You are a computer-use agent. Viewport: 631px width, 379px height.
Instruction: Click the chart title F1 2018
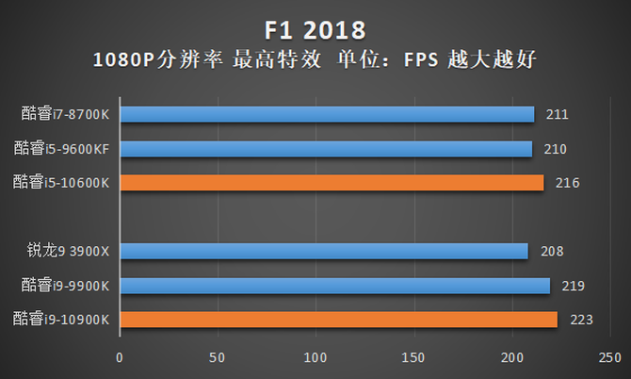point(315,26)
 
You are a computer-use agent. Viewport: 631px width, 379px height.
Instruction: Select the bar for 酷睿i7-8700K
point(327,114)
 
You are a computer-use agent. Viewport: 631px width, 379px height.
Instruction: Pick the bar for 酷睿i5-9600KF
point(326,148)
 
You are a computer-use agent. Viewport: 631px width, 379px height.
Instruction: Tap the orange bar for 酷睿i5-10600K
point(332,182)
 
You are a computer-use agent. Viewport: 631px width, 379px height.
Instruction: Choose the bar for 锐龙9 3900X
point(324,251)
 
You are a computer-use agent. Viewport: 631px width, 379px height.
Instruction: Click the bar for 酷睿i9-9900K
point(334,285)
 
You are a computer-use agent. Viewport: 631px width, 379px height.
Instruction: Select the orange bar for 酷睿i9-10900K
point(338,320)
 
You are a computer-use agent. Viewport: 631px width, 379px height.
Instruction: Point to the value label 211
point(557,115)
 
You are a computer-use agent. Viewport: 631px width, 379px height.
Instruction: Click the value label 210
point(555,149)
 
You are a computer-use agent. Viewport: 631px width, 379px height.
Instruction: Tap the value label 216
point(566,183)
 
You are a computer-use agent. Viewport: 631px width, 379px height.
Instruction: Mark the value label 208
point(551,252)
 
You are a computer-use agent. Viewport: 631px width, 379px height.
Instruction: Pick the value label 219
point(573,286)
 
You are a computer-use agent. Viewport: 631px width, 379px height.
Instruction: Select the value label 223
point(580,321)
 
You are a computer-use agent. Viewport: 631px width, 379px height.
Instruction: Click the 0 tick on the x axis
point(120,358)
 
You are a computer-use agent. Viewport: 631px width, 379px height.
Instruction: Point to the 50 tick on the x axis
point(218,358)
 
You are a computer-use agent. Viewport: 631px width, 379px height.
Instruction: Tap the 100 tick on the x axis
point(315,358)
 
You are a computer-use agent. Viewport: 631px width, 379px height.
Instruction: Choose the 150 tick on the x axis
point(413,358)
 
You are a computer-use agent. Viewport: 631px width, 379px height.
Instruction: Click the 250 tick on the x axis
point(609,358)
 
